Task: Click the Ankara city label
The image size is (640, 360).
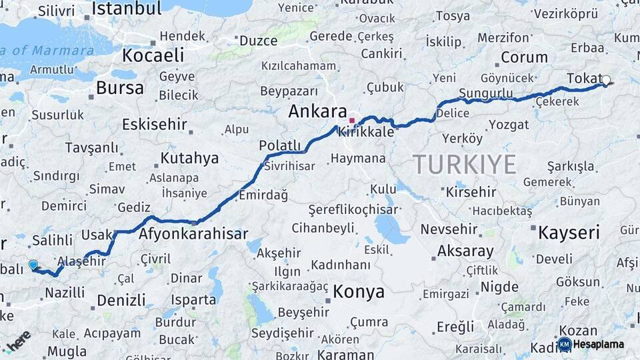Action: [317, 111]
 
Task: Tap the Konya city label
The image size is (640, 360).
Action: [359, 291]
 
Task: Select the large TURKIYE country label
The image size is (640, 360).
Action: [464, 163]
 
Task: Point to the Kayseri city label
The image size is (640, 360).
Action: [569, 233]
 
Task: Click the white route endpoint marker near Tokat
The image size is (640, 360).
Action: [605, 81]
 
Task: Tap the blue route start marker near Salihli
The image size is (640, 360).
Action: [33, 265]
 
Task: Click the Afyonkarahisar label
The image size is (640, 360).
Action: [193, 234]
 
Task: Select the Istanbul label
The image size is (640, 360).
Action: [126, 9]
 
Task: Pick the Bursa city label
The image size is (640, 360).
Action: [119, 87]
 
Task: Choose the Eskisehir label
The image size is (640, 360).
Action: [154, 124]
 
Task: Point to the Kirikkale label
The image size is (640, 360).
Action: [366, 133]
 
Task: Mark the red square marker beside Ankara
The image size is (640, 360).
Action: [352, 121]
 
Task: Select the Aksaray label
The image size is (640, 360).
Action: [465, 251]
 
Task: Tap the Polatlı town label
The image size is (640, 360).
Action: [280, 146]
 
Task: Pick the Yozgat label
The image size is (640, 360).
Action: [509, 125]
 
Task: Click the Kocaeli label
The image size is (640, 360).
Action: [153, 55]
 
